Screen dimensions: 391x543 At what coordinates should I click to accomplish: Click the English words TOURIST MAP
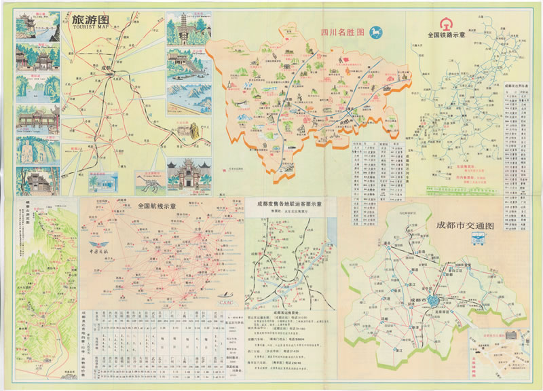[89, 28]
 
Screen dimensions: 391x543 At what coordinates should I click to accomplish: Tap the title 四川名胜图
[343, 32]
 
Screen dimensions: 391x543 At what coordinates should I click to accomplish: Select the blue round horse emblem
[375, 32]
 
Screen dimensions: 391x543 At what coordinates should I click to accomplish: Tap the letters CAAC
[227, 294]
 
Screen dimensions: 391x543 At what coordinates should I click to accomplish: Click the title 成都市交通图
[466, 225]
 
